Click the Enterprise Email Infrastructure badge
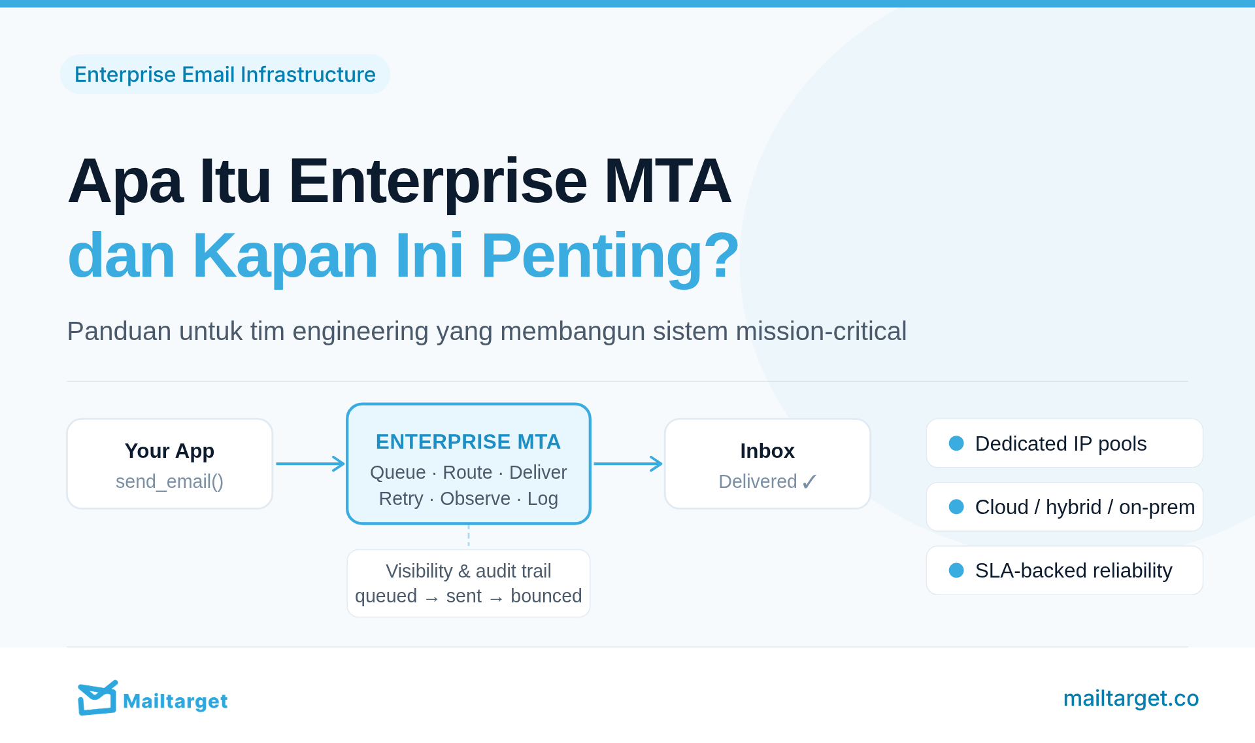(225, 75)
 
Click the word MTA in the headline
(667, 181)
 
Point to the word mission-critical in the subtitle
(821, 331)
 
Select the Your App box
(169, 464)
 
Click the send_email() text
(169, 482)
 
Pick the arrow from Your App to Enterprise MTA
(310, 464)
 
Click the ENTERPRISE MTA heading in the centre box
(468, 442)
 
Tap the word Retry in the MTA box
(401, 499)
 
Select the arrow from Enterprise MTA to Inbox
(628, 464)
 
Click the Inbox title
(767, 451)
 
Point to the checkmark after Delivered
(809, 482)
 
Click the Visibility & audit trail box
(468, 583)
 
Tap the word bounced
(546, 596)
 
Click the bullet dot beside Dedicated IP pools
(956, 443)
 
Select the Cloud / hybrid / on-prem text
(1084, 508)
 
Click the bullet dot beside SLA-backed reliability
(956, 570)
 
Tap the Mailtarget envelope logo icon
(97, 698)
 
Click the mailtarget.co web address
(1131, 699)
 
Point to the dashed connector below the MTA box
(469, 536)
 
